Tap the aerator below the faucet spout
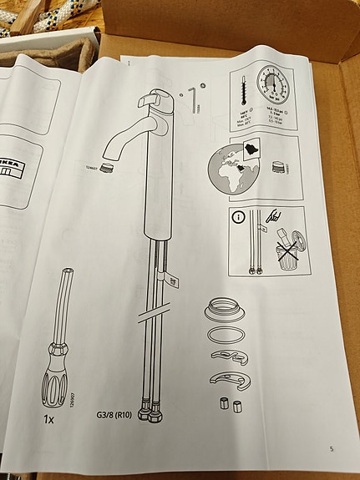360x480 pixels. coord(106,167)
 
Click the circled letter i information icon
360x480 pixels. coord(240,218)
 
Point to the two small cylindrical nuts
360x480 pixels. coord(230,407)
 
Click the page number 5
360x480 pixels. coord(332,449)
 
